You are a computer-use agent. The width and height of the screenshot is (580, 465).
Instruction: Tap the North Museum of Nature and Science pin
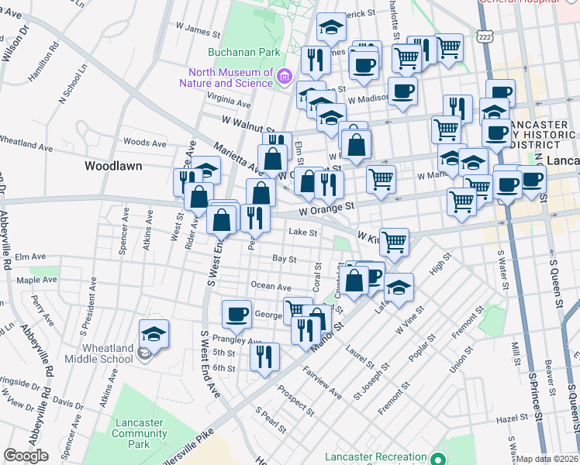pyautogui.click(x=284, y=75)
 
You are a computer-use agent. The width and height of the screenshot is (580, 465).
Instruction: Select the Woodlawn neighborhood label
pyautogui.click(x=112, y=166)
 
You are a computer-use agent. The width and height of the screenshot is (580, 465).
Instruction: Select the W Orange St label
pyautogui.click(x=327, y=207)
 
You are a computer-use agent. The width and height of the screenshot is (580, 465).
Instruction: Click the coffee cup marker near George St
pyautogui.click(x=236, y=314)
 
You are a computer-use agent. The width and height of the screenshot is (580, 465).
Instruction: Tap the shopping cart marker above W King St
pyautogui.click(x=395, y=241)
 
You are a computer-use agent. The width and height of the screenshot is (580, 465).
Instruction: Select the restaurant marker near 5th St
pyautogui.click(x=264, y=356)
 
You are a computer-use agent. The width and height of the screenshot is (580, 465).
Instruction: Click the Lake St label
pyautogui.click(x=303, y=232)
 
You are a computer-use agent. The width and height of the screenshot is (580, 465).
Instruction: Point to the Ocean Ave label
pyautogui.click(x=271, y=287)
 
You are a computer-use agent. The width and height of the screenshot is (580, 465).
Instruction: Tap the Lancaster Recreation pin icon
pyautogui.click(x=440, y=458)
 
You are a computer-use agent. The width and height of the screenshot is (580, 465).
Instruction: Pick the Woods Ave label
pyautogui.click(x=145, y=143)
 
